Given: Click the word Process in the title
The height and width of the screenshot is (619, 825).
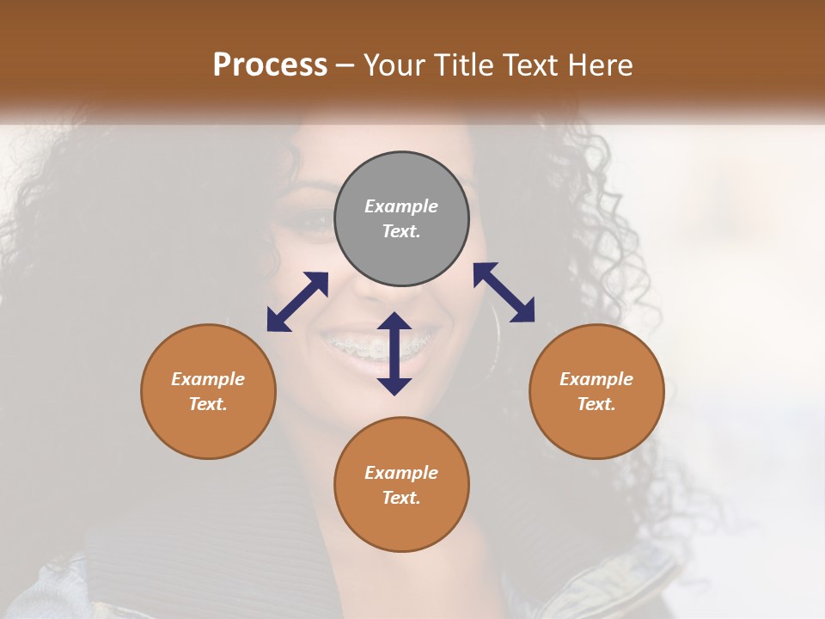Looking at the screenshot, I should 270,65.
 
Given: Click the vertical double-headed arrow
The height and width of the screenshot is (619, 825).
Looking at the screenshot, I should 394,353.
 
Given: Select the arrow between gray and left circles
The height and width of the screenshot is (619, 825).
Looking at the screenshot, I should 297,302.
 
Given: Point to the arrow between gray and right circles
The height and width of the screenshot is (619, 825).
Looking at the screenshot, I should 504,292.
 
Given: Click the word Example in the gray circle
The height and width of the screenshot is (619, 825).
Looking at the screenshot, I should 401,206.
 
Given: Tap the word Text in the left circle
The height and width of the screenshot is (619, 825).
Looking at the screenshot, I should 208,404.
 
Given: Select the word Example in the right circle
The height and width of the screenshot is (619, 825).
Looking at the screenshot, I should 596,379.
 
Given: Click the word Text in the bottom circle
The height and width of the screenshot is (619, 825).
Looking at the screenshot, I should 401,498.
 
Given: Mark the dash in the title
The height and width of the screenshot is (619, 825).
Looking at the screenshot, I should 345,66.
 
